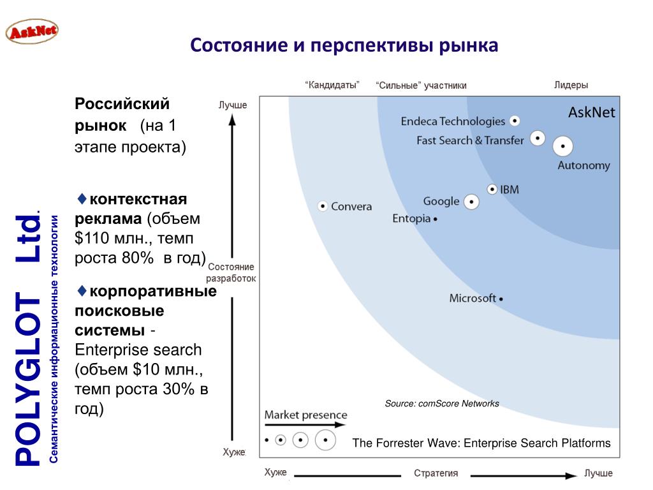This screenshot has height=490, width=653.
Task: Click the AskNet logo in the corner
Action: click(31, 31)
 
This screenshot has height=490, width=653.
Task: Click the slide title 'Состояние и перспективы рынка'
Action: click(344, 46)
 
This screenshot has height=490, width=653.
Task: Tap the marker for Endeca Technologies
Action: click(515, 121)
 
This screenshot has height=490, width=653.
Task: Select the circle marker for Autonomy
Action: click(562, 147)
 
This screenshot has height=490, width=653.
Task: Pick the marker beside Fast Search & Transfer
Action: click(538, 138)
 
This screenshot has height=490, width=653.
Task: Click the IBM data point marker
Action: click(492, 189)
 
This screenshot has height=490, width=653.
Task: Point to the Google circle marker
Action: click(471, 202)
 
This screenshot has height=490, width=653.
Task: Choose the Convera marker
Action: click(323, 206)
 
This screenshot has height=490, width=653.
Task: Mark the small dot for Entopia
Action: click(436, 219)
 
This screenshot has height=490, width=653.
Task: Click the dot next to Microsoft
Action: click(501, 299)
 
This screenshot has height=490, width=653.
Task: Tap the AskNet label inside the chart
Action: click(592, 113)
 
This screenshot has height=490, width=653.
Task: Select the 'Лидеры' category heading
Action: click(571, 85)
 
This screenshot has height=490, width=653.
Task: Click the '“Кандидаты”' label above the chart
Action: click(332, 85)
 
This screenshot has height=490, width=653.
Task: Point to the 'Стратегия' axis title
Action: click(436, 473)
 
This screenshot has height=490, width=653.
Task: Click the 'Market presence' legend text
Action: click(306, 415)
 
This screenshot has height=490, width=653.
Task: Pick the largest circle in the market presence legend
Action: click(325, 440)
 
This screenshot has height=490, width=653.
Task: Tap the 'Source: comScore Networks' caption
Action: click(442, 403)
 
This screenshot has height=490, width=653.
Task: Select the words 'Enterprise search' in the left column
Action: click(138, 350)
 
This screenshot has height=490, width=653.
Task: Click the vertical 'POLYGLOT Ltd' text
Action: click(27, 338)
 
